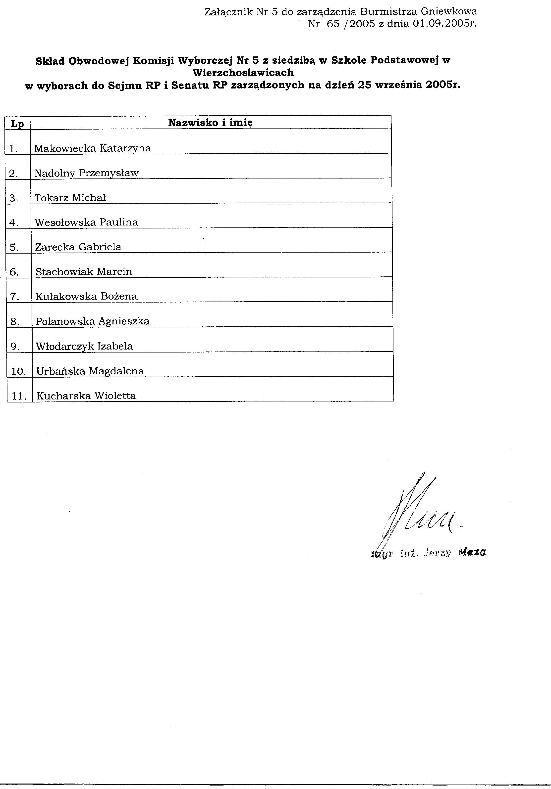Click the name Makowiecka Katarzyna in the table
point(93,148)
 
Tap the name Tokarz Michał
point(70,198)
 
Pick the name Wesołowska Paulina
point(86,222)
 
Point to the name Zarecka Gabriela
point(78,247)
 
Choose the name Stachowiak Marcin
point(84,272)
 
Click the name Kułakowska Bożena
point(86,297)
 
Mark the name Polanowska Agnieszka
point(93,321)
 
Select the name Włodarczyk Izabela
point(84,346)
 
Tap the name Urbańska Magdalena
point(90,371)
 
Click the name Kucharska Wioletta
point(86,396)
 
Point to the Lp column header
point(17,123)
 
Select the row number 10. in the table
point(19,371)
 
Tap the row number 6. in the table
point(14,272)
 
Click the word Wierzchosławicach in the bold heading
point(243,73)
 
